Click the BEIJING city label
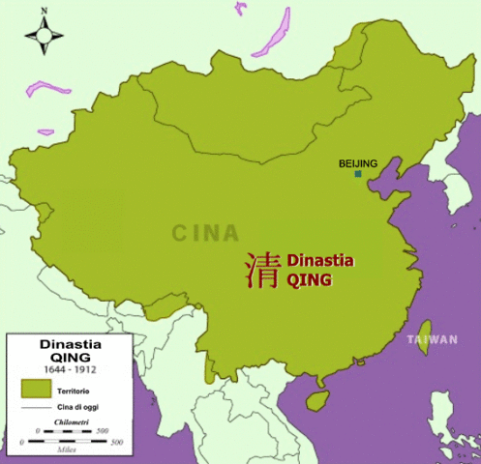(358, 163)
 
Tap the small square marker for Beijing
(358, 174)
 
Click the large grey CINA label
(205, 233)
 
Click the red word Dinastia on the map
(320, 261)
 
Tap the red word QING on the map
(309, 280)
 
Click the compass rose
(43, 36)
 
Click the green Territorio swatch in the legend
(35, 388)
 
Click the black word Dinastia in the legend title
(71, 342)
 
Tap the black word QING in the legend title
(71, 356)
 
